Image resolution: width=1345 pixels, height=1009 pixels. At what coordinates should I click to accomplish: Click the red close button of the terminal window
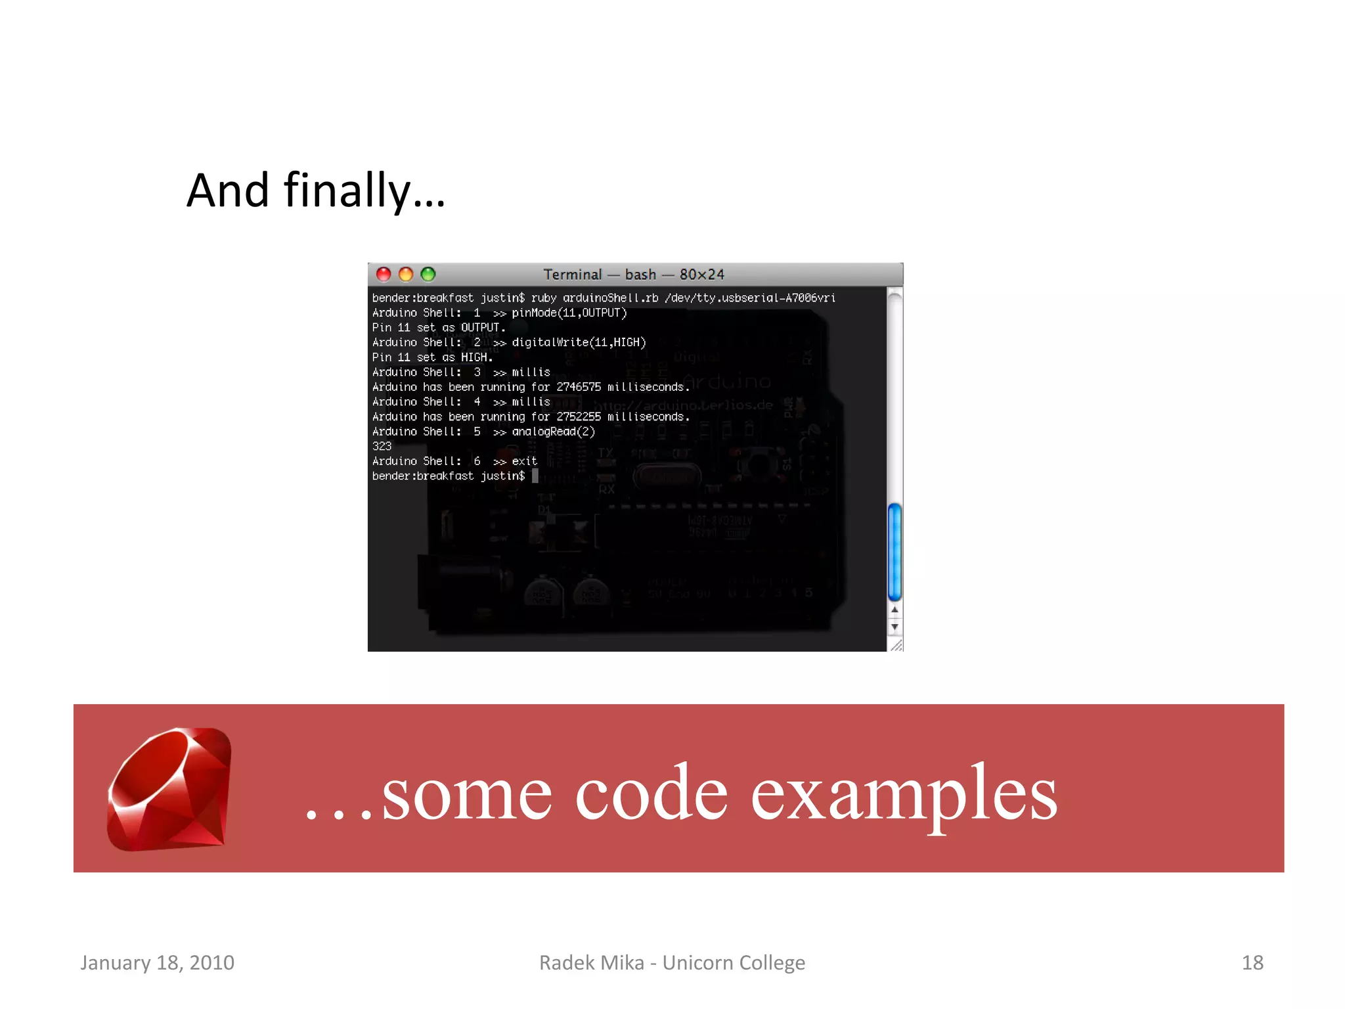pyautogui.click(x=384, y=274)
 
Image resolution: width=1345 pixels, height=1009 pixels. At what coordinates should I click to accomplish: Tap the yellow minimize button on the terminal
pyautogui.click(x=406, y=274)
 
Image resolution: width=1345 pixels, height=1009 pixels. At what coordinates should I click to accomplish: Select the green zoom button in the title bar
pyautogui.click(x=428, y=274)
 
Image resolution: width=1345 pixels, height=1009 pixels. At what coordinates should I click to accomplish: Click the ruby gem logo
pyautogui.click(x=169, y=788)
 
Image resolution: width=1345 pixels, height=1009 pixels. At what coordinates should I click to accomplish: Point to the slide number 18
pyautogui.click(x=1252, y=962)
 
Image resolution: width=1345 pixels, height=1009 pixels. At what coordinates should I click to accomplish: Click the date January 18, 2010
pyautogui.click(x=157, y=962)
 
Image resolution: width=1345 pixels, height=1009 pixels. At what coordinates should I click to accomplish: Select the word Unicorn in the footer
pyautogui.click(x=697, y=962)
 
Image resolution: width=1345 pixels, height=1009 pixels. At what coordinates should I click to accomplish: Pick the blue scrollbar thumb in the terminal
pyautogui.click(x=894, y=552)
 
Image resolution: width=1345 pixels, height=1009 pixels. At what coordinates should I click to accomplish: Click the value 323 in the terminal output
pyautogui.click(x=382, y=446)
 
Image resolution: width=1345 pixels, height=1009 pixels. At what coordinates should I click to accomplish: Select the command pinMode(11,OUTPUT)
pyautogui.click(x=569, y=313)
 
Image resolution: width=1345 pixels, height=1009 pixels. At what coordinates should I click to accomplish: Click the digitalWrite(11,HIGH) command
pyautogui.click(x=579, y=342)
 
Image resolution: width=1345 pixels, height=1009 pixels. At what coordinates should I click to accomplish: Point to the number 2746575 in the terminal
pyautogui.click(x=578, y=387)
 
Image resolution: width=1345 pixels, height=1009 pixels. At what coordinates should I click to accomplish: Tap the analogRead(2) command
pyautogui.click(x=553, y=432)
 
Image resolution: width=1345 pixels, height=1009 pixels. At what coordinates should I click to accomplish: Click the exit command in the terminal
pyautogui.click(x=524, y=461)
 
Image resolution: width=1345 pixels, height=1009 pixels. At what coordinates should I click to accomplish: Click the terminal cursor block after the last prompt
pyautogui.click(x=535, y=476)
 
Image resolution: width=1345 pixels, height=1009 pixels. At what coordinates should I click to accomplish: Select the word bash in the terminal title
pyautogui.click(x=640, y=275)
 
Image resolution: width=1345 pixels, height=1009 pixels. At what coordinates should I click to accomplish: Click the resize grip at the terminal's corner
pyautogui.click(x=896, y=645)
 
